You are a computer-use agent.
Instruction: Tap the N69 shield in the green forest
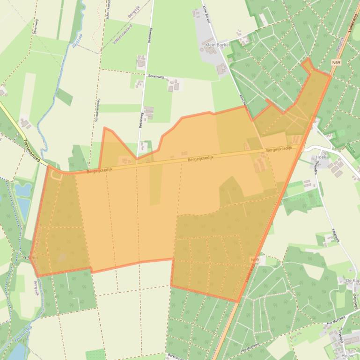click(336, 62)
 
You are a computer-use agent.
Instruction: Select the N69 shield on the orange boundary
click(255, 259)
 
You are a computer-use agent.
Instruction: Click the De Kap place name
click(352, 280)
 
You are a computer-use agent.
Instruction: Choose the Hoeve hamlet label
click(348, 355)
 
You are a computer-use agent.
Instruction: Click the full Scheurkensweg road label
click(97, 110)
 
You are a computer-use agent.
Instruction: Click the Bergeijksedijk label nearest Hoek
click(279, 149)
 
